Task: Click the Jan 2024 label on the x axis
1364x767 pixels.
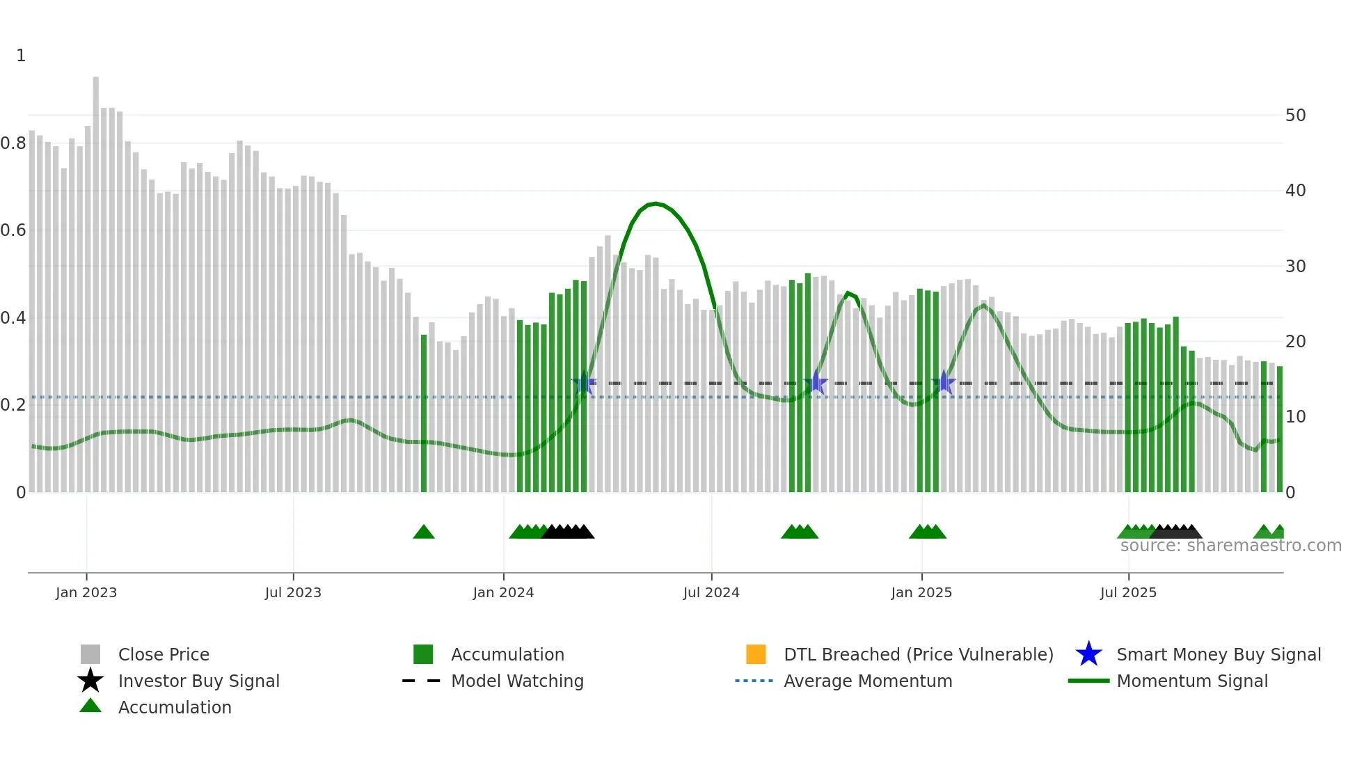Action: (503, 592)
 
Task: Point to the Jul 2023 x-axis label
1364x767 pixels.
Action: (293, 592)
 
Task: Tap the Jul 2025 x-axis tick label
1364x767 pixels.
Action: (1128, 592)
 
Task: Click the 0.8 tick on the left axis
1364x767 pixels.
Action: (14, 143)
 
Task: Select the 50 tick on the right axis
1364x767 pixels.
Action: (1295, 116)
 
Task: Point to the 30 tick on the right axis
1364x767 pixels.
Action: (1295, 267)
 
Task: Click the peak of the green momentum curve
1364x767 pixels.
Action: (655, 203)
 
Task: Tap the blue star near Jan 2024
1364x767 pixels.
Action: (583, 383)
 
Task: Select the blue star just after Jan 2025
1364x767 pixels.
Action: (944, 382)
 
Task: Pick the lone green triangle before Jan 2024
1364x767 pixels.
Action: (424, 532)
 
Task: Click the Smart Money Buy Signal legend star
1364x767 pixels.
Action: (1088, 654)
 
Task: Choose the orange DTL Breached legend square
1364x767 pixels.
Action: (756, 654)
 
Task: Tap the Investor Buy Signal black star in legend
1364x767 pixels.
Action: (90, 681)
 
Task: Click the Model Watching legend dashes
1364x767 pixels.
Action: (421, 681)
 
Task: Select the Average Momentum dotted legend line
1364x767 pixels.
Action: (754, 681)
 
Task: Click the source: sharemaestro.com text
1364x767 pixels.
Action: (1230, 546)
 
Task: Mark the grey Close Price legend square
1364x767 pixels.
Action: (90, 654)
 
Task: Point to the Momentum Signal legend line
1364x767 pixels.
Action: (1088, 681)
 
